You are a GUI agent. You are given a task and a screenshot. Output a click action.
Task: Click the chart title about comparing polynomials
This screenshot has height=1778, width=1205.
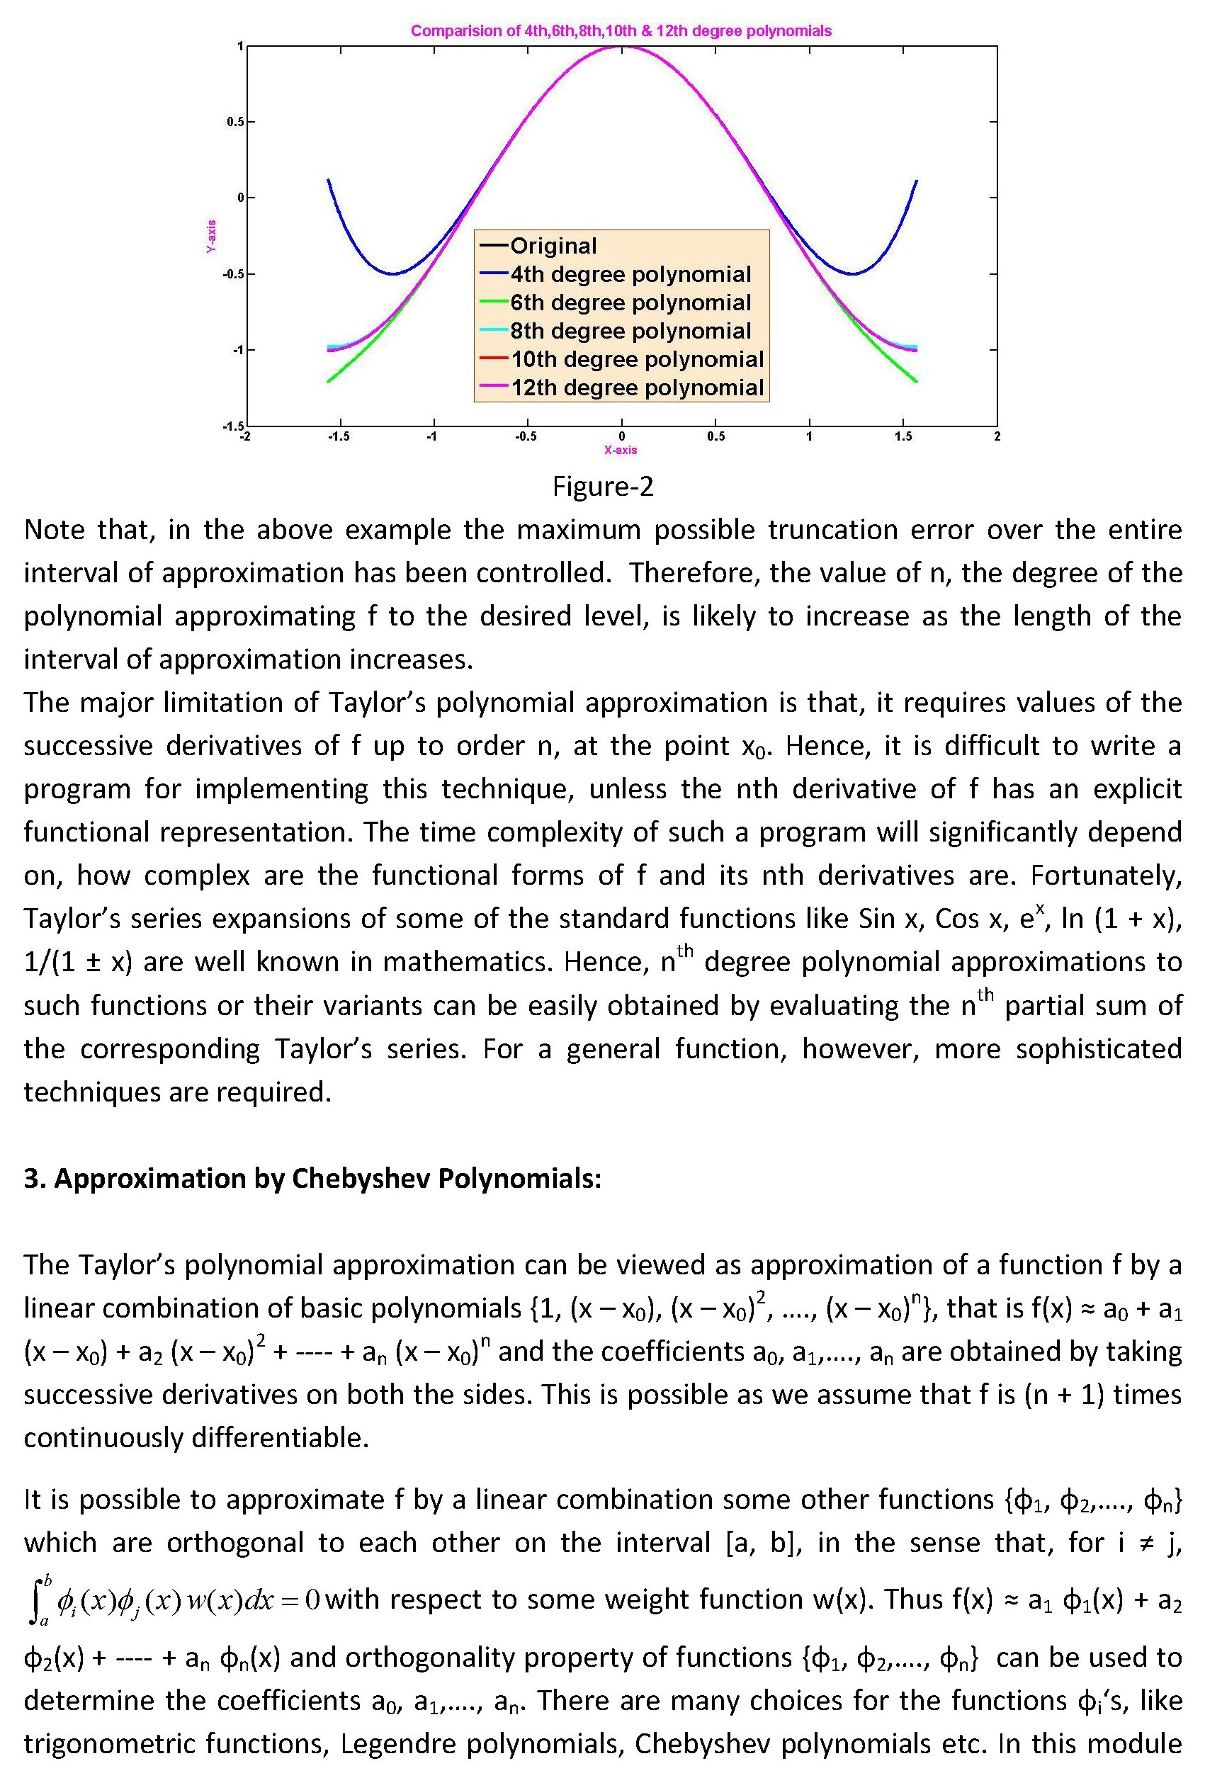[621, 31]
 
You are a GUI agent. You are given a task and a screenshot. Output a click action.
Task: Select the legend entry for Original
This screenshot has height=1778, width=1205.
[553, 246]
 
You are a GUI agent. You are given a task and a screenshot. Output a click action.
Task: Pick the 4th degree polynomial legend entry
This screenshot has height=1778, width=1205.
[630, 274]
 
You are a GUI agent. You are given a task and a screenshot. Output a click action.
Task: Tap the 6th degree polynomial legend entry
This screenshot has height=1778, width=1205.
[630, 302]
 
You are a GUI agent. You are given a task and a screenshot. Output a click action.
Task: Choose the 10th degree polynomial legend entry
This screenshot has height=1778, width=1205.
[637, 359]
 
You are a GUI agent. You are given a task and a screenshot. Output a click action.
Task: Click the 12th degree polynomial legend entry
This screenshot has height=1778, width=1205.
[637, 387]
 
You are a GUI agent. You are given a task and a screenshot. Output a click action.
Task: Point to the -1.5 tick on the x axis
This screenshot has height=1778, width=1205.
[338, 437]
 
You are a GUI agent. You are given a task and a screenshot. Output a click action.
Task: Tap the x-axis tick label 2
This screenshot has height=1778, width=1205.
[997, 437]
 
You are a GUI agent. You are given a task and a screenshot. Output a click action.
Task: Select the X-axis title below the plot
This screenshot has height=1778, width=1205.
[621, 451]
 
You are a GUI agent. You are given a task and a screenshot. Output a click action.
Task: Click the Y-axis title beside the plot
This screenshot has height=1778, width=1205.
[211, 236]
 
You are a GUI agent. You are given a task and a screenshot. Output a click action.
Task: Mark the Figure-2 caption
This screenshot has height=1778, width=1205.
[603, 487]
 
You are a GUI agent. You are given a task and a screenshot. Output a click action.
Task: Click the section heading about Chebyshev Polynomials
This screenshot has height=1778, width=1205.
[312, 1179]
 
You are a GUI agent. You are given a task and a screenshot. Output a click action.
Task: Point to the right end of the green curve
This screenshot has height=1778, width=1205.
[916, 380]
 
